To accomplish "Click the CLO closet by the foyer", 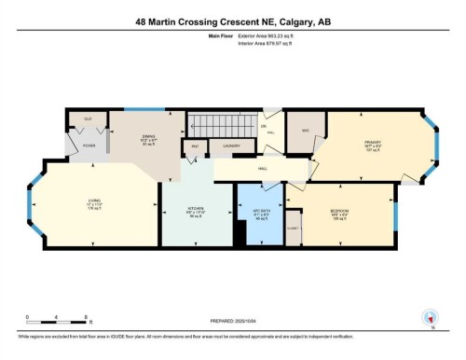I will coord(87,120).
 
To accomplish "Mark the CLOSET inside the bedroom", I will coord(292,226).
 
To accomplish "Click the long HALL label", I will coord(263,168).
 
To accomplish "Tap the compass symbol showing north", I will coord(430,316).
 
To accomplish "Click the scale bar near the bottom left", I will coord(57,322).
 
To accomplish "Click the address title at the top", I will coord(233,21).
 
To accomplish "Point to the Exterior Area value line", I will coord(258,38).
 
